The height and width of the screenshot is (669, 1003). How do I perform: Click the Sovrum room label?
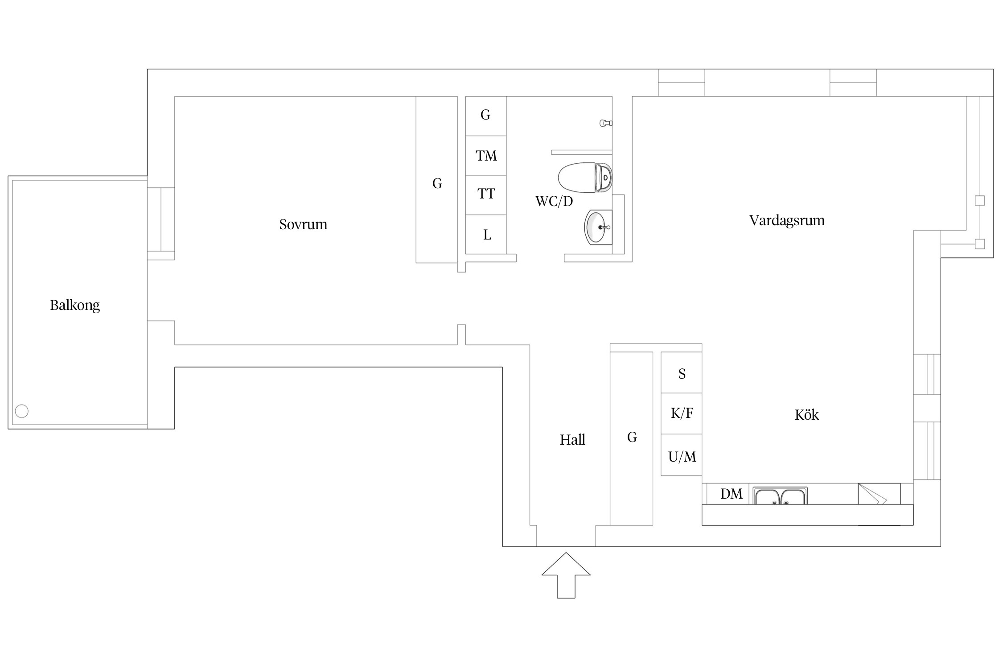coord(303,224)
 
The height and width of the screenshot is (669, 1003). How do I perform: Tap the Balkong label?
coord(75,305)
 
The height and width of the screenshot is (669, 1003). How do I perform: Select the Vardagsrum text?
coord(787,220)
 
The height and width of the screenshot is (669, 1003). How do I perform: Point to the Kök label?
coord(806,415)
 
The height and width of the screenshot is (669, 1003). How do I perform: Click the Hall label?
coord(572,440)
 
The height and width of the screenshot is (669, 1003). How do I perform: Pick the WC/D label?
coord(554,201)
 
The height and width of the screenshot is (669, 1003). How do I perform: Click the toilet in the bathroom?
coord(585,178)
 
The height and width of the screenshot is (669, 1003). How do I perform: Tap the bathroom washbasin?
coord(598,227)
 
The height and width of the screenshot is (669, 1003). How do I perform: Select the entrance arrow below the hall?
coord(566,575)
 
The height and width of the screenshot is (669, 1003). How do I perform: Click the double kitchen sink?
coord(780,496)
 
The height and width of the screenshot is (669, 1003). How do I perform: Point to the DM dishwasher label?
coord(732,494)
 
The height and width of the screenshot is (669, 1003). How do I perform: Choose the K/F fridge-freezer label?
coord(682,413)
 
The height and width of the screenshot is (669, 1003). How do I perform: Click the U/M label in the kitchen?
coord(682,457)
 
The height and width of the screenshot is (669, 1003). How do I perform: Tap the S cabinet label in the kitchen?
coord(682,374)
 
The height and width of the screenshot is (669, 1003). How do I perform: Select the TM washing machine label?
coord(486,156)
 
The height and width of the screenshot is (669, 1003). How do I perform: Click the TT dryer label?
coord(486,194)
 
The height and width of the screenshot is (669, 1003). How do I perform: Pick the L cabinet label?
coord(487,235)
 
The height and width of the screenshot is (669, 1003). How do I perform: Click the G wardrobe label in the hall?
coord(632,437)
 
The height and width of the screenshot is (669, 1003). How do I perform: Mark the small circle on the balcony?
coord(22,411)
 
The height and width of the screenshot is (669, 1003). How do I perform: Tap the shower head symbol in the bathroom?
coord(606,123)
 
